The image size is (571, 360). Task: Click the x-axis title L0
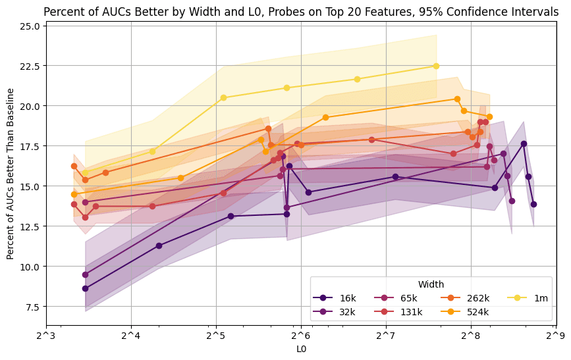pyautogui.click(x=300, y=349)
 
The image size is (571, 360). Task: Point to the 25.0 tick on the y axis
pyautogui.click(x=30, y=26)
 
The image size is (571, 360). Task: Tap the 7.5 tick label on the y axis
pyautogui.click(x=32, y=307)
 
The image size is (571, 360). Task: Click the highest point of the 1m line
pyautogui.click(x=436, y=66)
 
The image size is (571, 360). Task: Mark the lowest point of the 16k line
pyautogui.click(x=85, y=288)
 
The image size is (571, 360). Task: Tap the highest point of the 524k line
pyautogui.click(x=457, y=99)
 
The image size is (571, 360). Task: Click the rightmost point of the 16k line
pyautogui.click(x=533, y=204)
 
